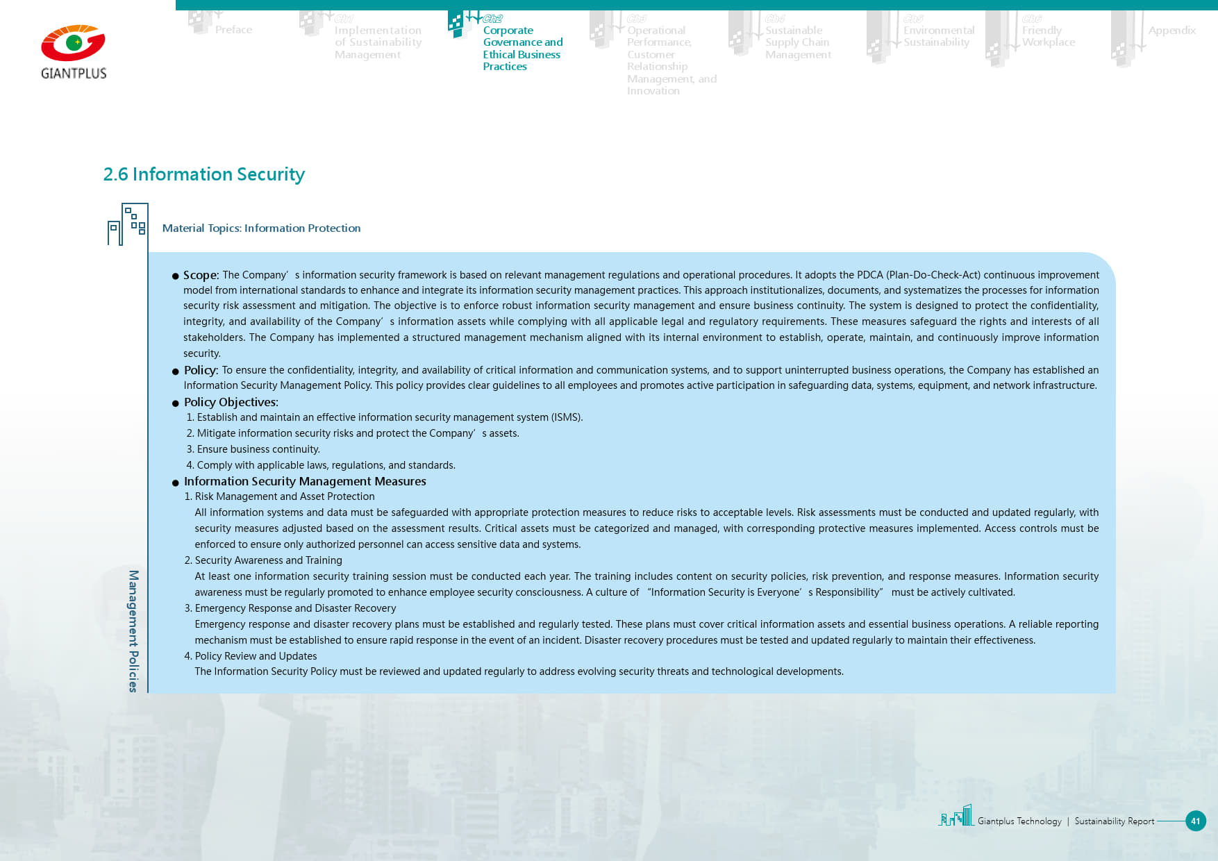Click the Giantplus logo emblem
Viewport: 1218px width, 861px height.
click(73, 43)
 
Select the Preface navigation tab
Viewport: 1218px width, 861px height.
click(233, 30)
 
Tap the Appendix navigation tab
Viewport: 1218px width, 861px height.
click(1171, 31)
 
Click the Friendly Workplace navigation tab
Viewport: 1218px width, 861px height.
click(1048, 36)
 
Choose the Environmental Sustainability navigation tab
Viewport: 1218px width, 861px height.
click(938, 36)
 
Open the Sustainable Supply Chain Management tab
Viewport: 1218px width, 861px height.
click(797, 42)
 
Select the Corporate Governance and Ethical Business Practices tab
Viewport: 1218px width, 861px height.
click(522, 48)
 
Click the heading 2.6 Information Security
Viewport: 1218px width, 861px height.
click(203, 174)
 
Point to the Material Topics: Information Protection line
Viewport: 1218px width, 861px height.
click(261, 228)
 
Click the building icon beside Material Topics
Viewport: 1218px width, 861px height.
click(127, 224)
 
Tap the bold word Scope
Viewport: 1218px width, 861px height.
click(200, 275)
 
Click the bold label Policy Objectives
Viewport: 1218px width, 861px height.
click(231, 402)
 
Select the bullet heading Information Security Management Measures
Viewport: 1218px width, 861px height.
click(305, 481)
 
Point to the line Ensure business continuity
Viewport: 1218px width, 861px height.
click(258, 449)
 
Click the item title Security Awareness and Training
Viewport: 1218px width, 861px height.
click(268, 560)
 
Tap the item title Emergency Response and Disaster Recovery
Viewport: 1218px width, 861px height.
click(295, 608)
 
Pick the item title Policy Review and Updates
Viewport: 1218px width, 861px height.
click(256, 656)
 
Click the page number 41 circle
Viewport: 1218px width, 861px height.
click(1195, 821)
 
